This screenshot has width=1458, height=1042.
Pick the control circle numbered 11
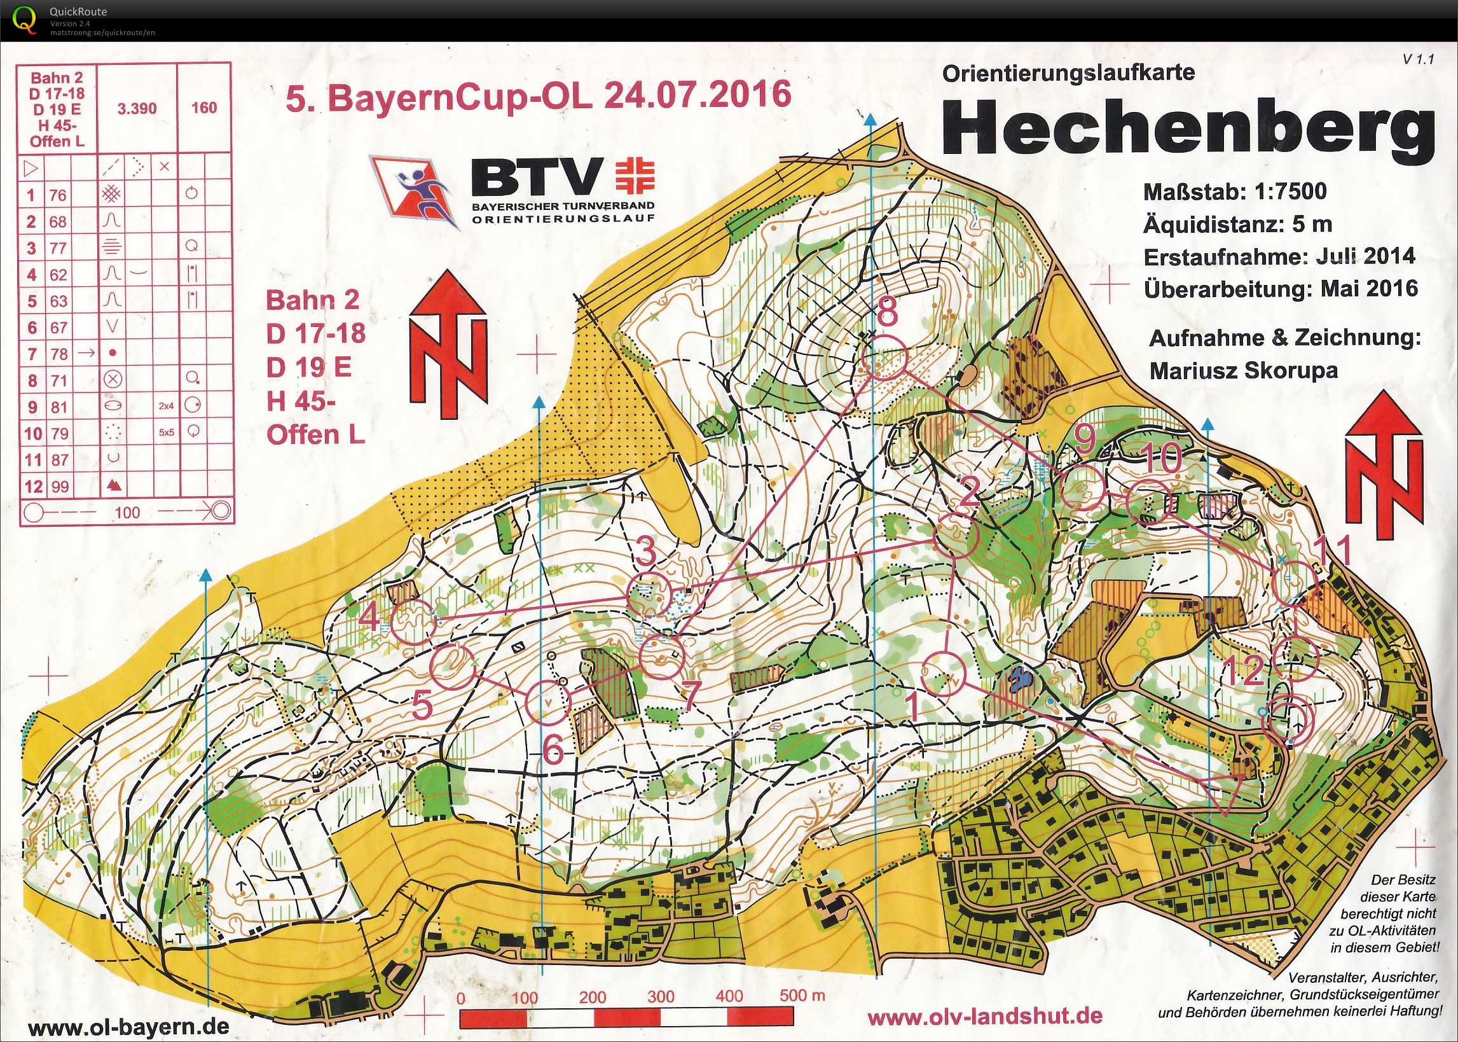point(1295,583)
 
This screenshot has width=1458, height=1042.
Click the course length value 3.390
point(137,108)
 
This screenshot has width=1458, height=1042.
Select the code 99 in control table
point(60,487)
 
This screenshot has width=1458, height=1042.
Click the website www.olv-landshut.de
point(985,1017)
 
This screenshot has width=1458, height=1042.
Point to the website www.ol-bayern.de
point(128,1027)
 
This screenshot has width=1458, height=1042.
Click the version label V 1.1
point(1417,59)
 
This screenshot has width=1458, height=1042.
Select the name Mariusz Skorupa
point(1243,371)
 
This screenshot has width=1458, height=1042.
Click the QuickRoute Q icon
point(24,18)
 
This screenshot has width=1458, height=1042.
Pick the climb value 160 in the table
point(204,108)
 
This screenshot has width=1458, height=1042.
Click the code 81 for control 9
point(59,406)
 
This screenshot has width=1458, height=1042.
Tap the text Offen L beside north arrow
point(315,435)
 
